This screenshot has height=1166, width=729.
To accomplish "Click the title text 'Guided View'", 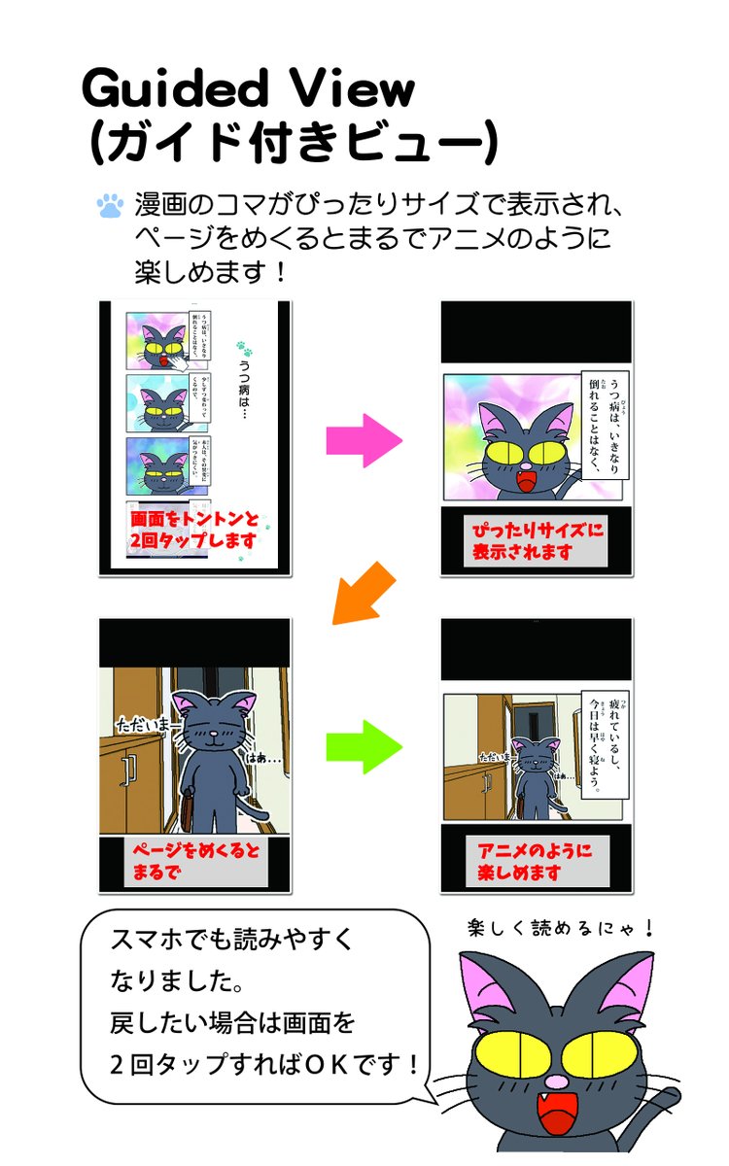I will point(249,90).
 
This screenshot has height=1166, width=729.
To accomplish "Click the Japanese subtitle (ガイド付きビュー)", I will point(292,143).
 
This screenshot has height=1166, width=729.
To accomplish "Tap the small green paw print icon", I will point(243,348).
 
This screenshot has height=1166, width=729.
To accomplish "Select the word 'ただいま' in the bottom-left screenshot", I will point(142,726).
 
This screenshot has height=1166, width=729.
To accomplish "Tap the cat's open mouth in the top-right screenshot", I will point(526,479).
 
